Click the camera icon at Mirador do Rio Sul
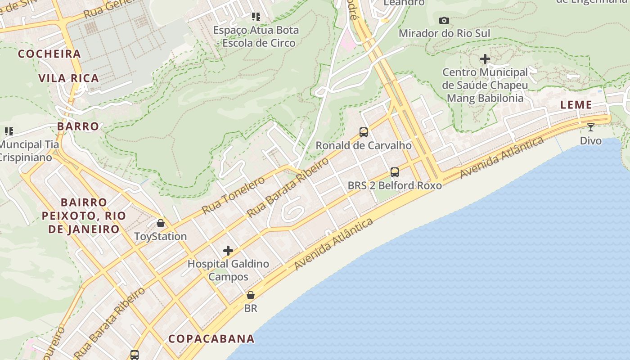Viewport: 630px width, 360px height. (444, 20)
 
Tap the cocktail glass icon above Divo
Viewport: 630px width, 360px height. (590, 127)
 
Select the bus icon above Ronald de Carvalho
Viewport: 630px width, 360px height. (364, 132)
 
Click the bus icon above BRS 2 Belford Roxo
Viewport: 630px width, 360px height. (395, 172)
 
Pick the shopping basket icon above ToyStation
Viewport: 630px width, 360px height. (160, 223)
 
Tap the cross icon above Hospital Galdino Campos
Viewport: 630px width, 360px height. (228, 251)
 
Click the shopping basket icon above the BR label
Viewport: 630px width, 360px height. (251, 296)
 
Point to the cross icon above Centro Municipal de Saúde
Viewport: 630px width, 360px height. (485, 59)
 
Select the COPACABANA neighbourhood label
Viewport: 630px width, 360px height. (211, 339)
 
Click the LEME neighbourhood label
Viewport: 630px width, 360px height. (576, 105)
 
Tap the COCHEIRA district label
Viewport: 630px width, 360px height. (49, 54)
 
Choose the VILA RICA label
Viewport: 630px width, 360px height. (69, 78)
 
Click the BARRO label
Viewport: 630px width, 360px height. (78, 126)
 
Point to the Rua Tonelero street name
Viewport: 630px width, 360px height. (233, 195)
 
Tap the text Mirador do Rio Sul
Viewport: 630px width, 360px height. (444, 33)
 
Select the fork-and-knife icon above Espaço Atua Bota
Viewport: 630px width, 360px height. (256, 17)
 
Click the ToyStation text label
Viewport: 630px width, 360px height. (160, 236)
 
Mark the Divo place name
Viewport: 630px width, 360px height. (590, 141)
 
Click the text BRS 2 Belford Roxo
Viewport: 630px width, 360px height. (395, 185)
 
